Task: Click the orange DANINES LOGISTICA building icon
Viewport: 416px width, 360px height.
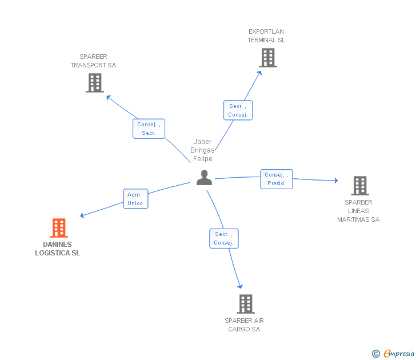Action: (59, 227)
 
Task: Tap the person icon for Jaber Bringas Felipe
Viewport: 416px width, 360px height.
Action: (205, 178)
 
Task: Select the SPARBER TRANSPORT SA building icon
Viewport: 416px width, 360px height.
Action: (95, 83)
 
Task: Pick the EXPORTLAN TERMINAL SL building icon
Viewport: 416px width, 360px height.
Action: (268, 58)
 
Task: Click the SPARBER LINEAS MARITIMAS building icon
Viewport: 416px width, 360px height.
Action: (360, 186)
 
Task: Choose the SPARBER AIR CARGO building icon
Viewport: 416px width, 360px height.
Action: (246, 304)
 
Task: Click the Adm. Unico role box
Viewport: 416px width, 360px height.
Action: (135, 199)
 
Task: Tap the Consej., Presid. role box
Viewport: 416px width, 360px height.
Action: (277, 179)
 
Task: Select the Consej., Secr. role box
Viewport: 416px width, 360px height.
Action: (149, 129)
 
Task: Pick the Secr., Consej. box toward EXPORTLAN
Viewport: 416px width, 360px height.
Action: (238, 110)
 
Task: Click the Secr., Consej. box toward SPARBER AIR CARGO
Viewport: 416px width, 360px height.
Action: (224, 238)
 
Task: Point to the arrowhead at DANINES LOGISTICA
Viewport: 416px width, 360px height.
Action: (82, 215)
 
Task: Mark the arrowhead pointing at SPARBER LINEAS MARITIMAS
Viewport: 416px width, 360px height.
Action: (336, 181)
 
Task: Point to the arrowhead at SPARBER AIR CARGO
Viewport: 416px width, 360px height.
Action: (240, 286)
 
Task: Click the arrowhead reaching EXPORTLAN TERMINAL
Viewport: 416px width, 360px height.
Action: (259, 73)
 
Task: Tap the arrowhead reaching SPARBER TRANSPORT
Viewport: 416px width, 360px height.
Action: (108, 97)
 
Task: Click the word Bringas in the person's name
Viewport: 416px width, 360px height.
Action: (202, 150)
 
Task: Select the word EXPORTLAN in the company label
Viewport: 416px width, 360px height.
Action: (266, 31)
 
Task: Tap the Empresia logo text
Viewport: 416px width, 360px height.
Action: (399, 353)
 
